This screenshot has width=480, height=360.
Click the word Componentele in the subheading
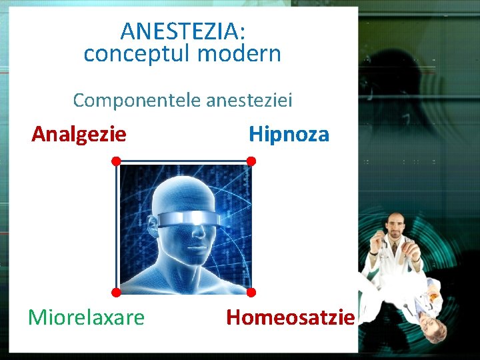click(x=137, y=100)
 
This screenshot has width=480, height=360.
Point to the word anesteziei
click(x=249, y=100)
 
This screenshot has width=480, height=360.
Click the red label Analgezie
click(x=79, y=134)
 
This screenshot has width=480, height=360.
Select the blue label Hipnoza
click(x=289, y=134)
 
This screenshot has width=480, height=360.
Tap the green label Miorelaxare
click(x=86, y=317)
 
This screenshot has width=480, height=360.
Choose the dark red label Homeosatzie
click(x=290, y=317)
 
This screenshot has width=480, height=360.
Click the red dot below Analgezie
click(x=116, y=161)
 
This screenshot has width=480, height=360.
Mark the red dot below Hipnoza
click(x=251, y=161)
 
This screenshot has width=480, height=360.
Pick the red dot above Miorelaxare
click(x=116, y=292)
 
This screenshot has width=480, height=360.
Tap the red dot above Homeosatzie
click(x=251, y=292)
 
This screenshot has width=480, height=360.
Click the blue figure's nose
click(x=203, y=234)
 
